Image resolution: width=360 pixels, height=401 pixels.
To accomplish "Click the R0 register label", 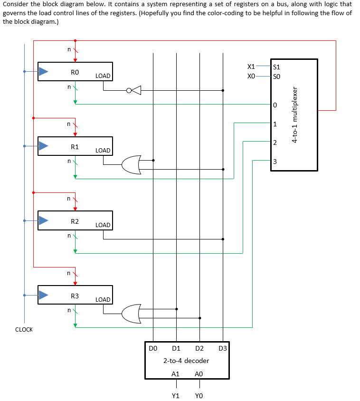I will point(75,72).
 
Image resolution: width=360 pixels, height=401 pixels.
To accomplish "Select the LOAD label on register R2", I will point(103,225).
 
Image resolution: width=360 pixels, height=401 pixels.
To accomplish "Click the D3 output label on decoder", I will point(223,348).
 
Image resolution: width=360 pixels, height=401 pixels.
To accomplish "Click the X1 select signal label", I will point(251,67).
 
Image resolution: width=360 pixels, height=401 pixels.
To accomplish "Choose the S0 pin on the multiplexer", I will point(277,76).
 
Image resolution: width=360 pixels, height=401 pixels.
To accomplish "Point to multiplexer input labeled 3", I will point(275,162).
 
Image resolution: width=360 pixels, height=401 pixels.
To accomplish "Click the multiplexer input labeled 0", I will point(275,105).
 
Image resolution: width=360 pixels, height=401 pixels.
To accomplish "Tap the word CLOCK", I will point(24,329).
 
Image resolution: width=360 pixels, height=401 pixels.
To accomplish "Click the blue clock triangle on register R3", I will point(44,295).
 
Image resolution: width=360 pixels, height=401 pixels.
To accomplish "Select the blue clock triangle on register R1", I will point(44,146).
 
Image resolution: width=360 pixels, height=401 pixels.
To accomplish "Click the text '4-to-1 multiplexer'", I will point(295,115).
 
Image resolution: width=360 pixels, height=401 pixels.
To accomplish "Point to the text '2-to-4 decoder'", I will point(186,361).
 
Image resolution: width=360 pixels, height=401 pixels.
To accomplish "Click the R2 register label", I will point(75,221).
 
